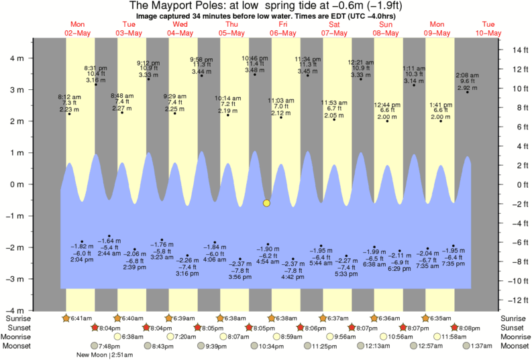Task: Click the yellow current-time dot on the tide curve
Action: click(x=266, y=202)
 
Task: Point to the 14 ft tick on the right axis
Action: click(x=513, y=50)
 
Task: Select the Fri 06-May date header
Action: click(x=282, y=29)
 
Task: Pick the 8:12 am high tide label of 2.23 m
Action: click(x=69, y=103)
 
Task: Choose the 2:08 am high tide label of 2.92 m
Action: click(x=467, y=81)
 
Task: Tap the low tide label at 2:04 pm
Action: click(x=81, y=253)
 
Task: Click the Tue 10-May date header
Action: click(x=488, y=29)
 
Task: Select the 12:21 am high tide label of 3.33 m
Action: click(x=361, y=68)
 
